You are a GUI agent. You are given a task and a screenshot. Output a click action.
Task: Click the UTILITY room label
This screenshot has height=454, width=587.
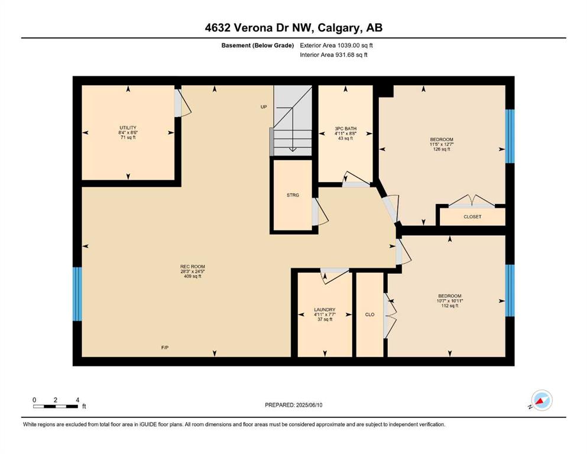click(x=128, y=128)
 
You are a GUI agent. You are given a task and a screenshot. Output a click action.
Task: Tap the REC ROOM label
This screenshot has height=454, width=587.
click(x=193, y=267)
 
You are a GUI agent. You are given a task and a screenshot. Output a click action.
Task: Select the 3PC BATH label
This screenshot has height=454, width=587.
click(x=346, y=128)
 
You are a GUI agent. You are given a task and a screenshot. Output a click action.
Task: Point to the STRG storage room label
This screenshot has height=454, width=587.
click(x=293, y=195)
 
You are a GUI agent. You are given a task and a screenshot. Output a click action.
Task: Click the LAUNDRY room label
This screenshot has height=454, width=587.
click(x=325, y=310)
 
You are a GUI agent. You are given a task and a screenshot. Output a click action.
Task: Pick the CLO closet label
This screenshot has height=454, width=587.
click(x=369, y=314)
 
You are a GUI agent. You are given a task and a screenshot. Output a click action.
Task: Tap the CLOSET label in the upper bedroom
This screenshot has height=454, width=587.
click(x=472, y=217)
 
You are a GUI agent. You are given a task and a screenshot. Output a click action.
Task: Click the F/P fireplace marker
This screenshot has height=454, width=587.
click(x=165, y=348)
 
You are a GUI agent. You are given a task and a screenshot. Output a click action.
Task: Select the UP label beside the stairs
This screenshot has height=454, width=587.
click(x=264, y=106)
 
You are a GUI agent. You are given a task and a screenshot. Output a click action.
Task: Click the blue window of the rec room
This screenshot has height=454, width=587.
click(x=77, y=294)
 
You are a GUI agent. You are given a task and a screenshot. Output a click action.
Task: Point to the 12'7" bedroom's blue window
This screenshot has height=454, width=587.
click(x=510, y=136)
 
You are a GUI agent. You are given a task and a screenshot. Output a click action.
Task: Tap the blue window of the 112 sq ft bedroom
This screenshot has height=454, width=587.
click(x=510, y=290)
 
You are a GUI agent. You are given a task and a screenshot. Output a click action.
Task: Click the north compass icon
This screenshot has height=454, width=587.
click(x=541, y=400)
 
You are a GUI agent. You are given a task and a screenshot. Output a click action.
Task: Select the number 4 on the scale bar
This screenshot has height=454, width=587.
click(x=77, y=400)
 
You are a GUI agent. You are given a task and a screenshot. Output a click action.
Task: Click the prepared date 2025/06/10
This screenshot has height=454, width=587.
click(x=309, y=405)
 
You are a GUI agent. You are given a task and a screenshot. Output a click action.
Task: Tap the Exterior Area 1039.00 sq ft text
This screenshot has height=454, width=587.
click(x=336, y=46)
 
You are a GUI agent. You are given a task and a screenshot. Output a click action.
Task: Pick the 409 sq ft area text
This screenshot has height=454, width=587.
click(x=193, y=276)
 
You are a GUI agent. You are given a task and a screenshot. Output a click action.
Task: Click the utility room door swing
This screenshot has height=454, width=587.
click(x=183, y=102)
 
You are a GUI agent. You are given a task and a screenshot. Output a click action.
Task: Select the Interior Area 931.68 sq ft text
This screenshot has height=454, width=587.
click(x=333, y=54)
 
